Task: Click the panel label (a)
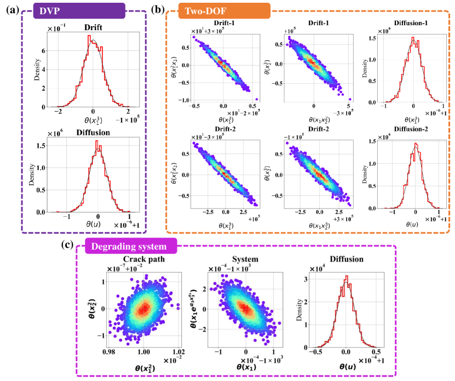[x=10, y=9]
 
